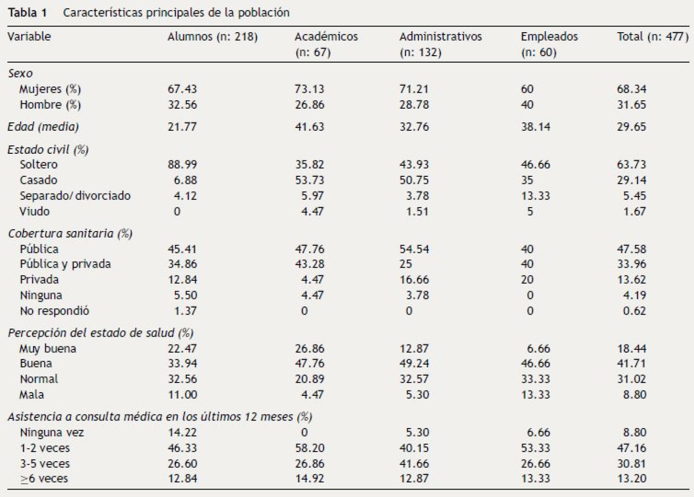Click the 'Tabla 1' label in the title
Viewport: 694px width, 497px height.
click(27, 13)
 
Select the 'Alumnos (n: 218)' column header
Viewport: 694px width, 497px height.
click(212, 37)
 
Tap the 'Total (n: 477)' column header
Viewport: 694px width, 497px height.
click(652, 37)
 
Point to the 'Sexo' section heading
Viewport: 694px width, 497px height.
click(20, 73)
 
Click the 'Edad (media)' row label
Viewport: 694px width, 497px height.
click(43, 127)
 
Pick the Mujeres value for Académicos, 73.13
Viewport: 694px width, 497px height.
click(309, 89)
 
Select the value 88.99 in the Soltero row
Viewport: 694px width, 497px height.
click(182, 165)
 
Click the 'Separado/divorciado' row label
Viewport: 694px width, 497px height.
click(75, 196)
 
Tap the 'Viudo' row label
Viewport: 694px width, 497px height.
click(34, 212)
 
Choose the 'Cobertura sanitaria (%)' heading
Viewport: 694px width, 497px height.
click(70, 234)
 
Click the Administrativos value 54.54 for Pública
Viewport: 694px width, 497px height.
click(414, 249)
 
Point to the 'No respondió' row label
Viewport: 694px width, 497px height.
click(54, 311)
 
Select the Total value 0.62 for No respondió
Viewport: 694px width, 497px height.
click(634, 311)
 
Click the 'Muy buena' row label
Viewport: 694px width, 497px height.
click(48, 349)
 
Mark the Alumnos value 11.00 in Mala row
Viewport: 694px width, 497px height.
click(182, 395)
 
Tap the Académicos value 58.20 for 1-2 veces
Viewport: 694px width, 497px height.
click(309, 448)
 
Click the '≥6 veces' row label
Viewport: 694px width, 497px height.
click(44, 478)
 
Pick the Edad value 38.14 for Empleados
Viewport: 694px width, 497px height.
click(535, 127)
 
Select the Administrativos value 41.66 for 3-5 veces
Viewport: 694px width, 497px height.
click(414, 464)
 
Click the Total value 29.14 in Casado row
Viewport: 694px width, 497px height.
click(631, 180)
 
